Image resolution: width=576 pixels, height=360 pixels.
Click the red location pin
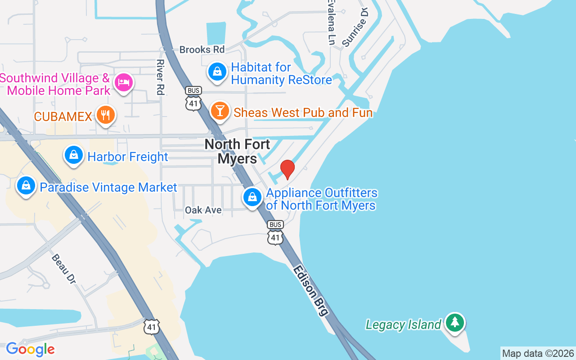click(x=287, y=169)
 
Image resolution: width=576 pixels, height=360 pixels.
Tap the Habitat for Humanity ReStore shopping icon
click(x=217, y=72)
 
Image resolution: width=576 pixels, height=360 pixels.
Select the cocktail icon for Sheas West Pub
click(x=220, y=110)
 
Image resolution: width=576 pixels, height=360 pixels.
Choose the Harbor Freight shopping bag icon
click(x=73, y=155)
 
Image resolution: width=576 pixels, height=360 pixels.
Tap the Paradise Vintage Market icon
click(x=26, y=185)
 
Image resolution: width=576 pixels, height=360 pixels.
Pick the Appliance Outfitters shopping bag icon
click(x=252, y=197)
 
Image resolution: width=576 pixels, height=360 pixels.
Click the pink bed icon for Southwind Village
click(x=123, y=82)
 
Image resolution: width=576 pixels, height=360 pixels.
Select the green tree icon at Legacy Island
click(x=455, y=323)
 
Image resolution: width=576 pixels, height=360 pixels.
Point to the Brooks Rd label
click(x=202, y=49)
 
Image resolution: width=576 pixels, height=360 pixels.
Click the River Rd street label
click(x=160, y=77)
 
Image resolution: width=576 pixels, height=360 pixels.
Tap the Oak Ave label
click(x=203, y=210)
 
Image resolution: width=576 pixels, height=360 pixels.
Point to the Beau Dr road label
click(x=63, y=269)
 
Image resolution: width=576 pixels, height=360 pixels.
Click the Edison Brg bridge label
click(x=310, y=290)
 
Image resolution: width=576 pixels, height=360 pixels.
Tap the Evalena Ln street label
click(x=331, y=22)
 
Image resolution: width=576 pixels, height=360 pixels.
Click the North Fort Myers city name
click(x=237, y=151)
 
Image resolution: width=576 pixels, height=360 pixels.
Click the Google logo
click(x=30, y=349)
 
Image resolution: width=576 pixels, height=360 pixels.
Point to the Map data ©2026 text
click(x=538, y=353)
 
